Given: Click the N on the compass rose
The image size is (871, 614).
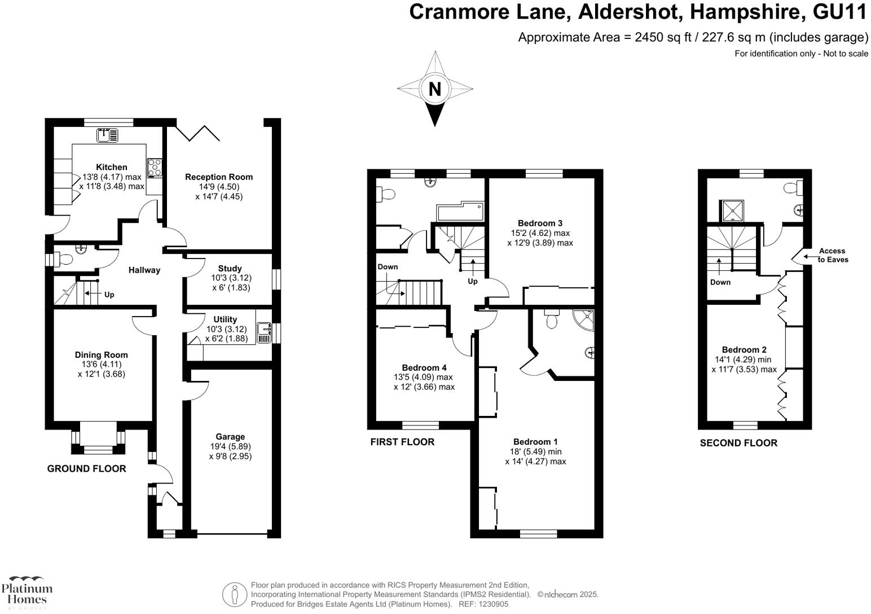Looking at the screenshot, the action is click(x=434, y=89).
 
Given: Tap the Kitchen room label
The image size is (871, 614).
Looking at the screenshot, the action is click(x=112, y=167).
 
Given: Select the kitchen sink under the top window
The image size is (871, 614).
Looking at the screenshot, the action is click(x=107, y=135).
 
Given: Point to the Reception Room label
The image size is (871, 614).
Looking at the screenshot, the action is click(x=219, y=177).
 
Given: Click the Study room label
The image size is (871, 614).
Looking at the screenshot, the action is click(x=230, y=269).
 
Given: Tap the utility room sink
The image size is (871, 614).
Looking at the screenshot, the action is click(x=264, y=332).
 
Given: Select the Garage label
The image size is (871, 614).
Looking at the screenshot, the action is click(x=230, y=436).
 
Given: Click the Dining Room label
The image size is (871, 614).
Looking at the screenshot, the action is click(x=102, y=355).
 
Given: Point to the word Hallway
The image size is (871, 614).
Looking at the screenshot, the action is click(x=144, y=270).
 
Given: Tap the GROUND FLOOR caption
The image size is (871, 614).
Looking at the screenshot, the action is click(x=86, y=468).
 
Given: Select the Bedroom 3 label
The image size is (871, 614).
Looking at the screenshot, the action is click(x=540, y=223).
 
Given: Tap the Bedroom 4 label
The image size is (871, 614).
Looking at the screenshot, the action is click(x=424, y=367).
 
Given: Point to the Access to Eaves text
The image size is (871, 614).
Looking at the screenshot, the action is click(x=833, y=255).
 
